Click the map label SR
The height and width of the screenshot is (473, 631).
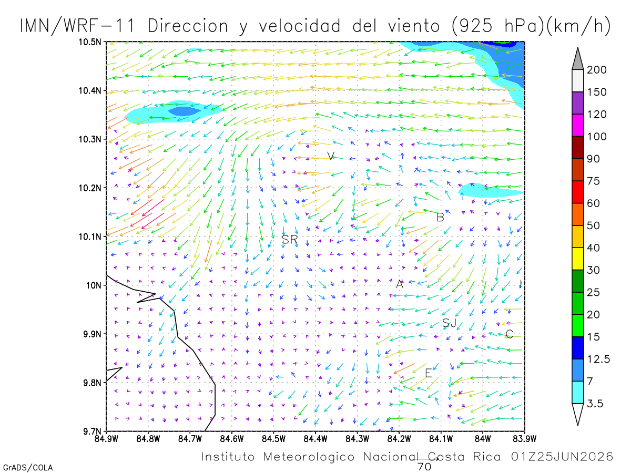[289, 239]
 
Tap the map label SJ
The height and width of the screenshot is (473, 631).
[449, 323]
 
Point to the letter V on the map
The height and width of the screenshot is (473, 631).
[331, 156]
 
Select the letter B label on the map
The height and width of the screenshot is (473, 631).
[440, 218]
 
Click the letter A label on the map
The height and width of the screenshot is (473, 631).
[400, 284]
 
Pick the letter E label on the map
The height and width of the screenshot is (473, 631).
[428, 373]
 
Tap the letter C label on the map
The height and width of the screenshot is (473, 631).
[509, 334]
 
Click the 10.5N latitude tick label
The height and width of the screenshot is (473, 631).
[90, 42]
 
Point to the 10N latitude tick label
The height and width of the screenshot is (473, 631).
[94, 285]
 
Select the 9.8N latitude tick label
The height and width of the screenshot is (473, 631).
[92, 383]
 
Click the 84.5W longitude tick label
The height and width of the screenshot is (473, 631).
[273, 439]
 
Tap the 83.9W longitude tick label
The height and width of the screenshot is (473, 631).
[524, 439]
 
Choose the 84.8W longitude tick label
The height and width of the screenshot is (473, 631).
[148, 439]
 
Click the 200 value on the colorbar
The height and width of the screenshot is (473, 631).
[596, 70]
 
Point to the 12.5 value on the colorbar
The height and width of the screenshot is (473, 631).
[598, 359]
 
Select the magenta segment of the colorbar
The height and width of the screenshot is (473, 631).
[577, 125]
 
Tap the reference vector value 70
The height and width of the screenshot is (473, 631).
[424, 467]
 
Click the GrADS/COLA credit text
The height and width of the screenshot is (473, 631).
[28, 468]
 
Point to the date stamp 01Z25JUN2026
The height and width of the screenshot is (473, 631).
[562, 457]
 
